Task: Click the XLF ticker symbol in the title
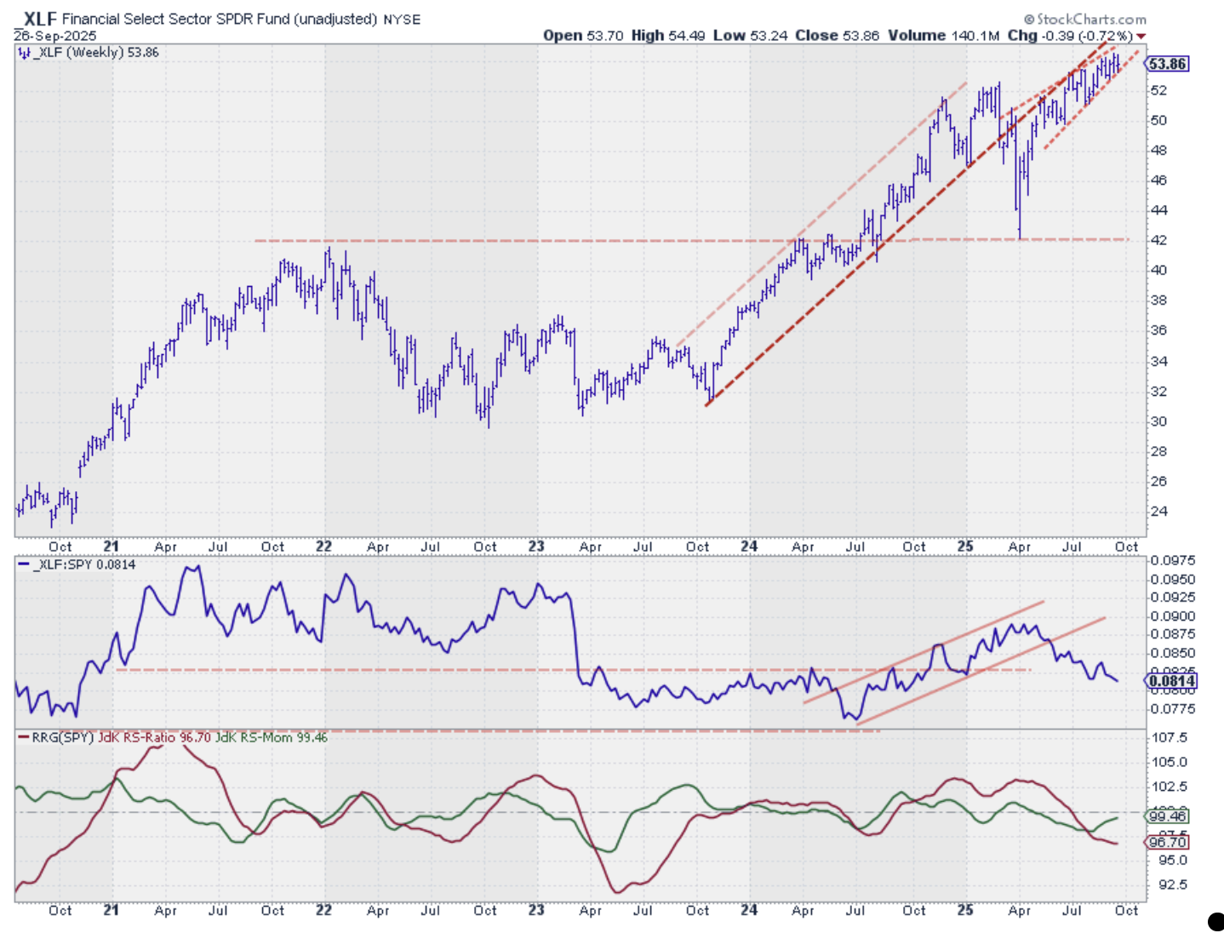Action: (40, 19)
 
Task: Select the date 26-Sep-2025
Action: (55, 36)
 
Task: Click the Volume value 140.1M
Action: (975, 36)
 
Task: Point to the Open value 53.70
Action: (605, 36)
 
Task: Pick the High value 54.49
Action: (686, 36)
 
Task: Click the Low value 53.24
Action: (768, 36)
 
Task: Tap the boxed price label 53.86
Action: (1167, 64)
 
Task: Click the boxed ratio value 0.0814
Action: (1172, 680)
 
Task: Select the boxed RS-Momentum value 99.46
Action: (1167, 816)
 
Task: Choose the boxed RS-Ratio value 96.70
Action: (1167, 842)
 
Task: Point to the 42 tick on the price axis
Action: (1158, 240)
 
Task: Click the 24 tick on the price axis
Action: (1158, 512)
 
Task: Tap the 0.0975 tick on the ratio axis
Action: (1173, 560)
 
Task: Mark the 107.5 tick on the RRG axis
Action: (1170, 737)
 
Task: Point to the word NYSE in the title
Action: (402, 20)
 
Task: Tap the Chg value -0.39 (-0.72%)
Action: (1087, 36)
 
